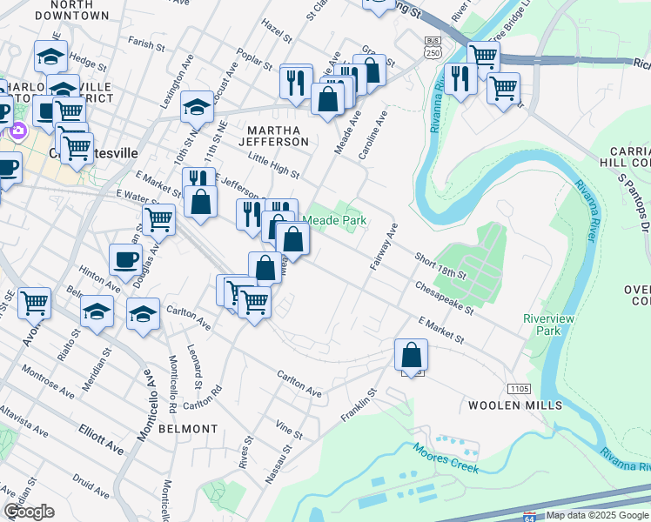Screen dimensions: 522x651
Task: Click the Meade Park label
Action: (x=340, y=220)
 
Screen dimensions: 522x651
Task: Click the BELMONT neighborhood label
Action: (x=188, y=429)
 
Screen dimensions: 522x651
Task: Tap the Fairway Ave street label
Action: (x=384, y=246)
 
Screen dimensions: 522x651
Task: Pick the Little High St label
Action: (x=273, y=166)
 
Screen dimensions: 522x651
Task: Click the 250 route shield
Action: (x=433, y=48)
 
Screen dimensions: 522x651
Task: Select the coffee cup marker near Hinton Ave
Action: (x=125, y=258)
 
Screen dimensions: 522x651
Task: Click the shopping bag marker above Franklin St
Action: (x=411, y=355)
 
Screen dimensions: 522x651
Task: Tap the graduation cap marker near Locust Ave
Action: (x=198, y=107)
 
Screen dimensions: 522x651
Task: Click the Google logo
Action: (x=29, y=512)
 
